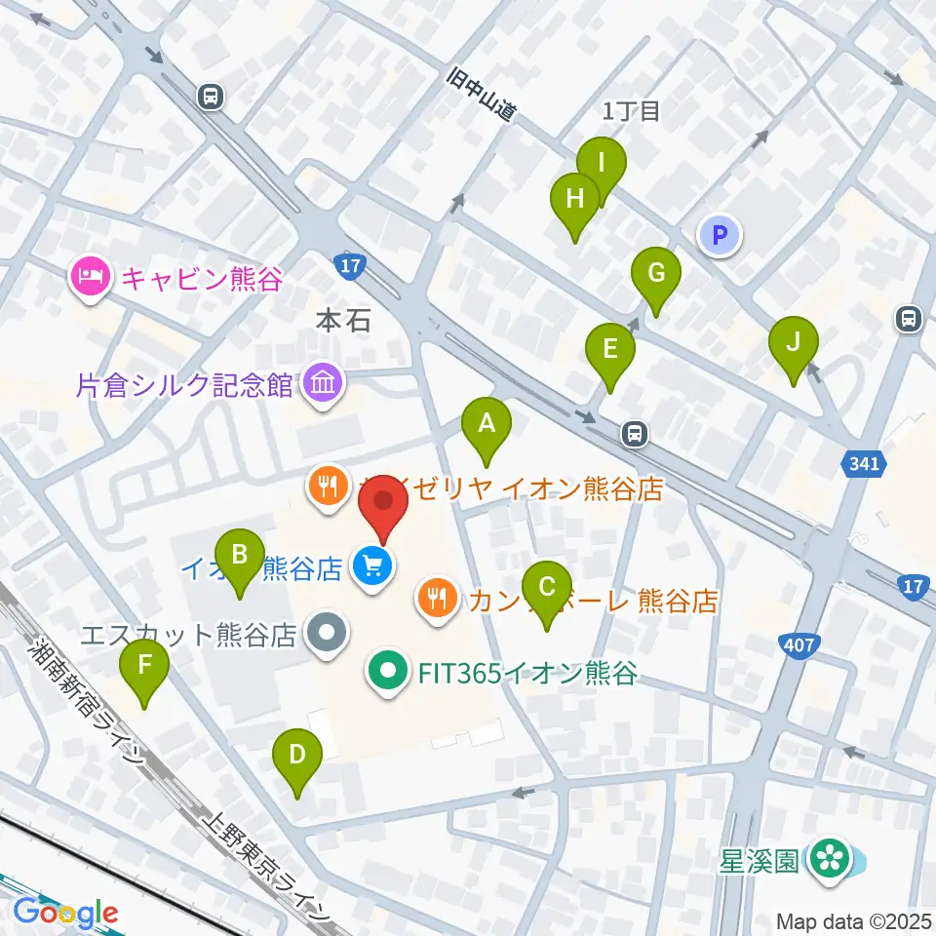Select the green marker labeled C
[x=547, y=588]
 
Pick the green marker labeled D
[x=296, y=756]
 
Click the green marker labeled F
[x=144, y=667]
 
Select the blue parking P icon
[x=720, y=234]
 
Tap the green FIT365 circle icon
[x=388, y=672]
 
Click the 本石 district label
[x=343, y=320]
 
